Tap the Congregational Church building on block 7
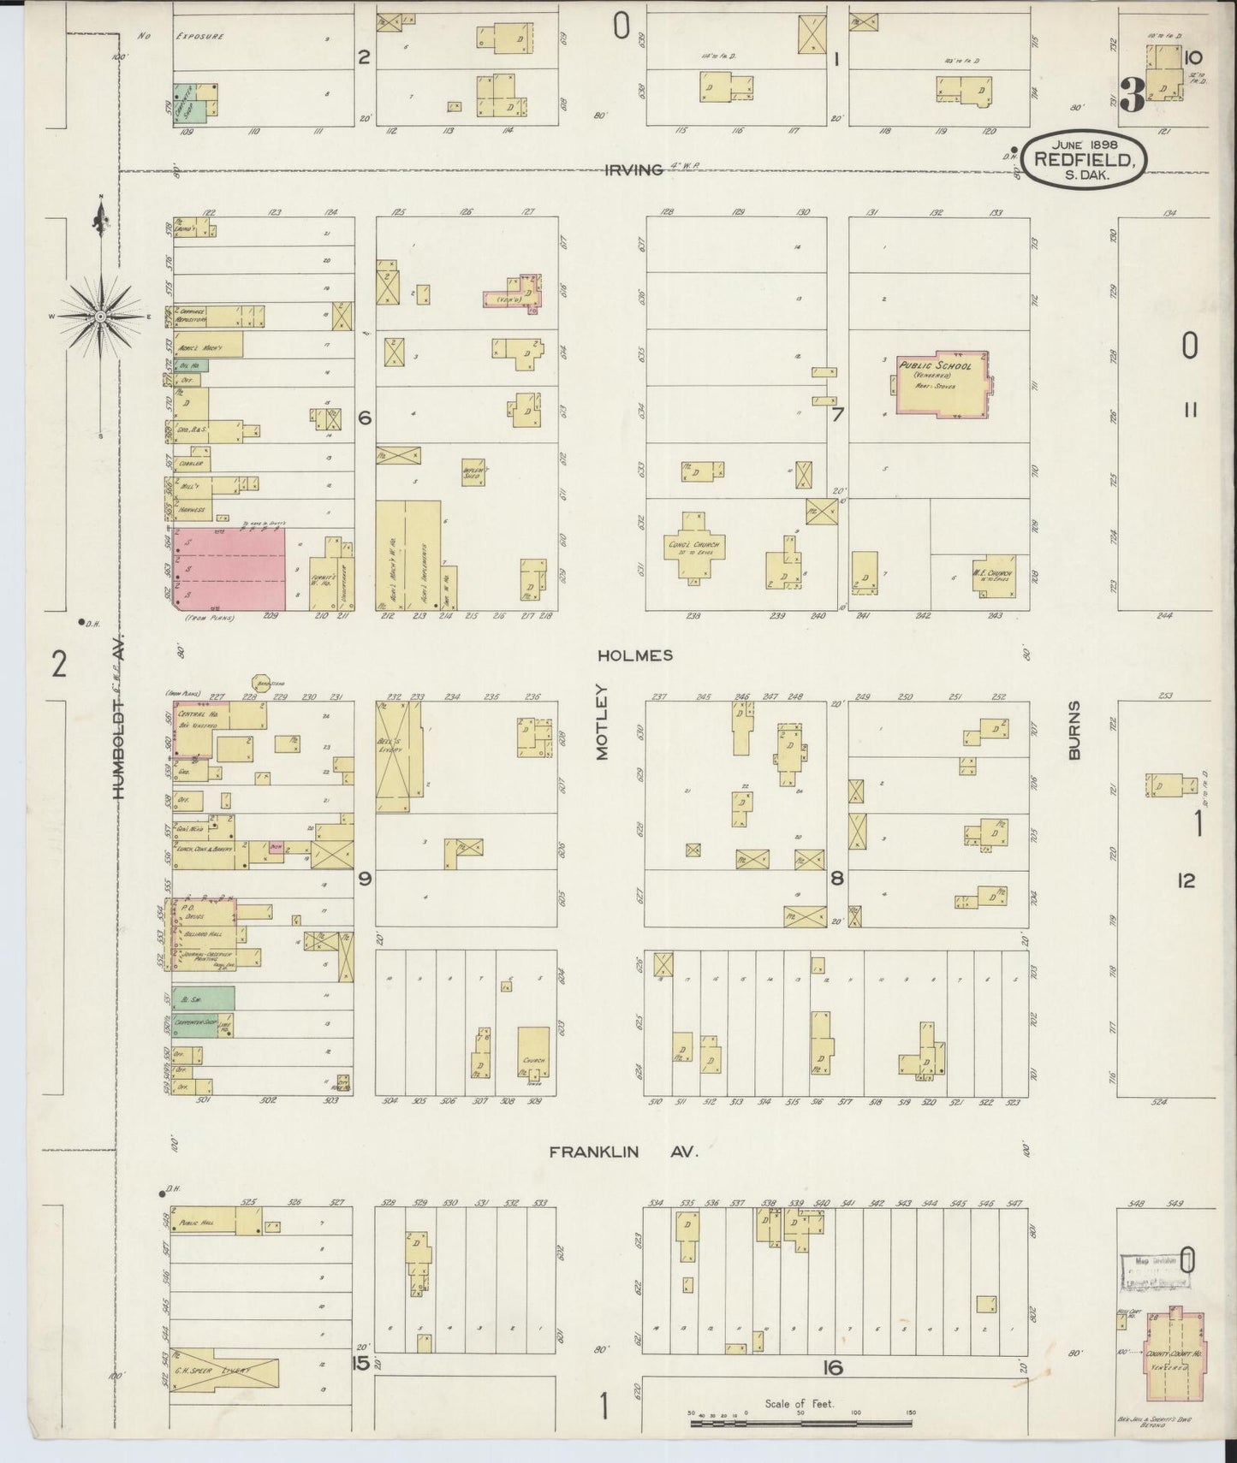[694, 546]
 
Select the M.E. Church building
[992, 575]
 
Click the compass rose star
[101, 317]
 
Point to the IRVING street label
[634, 169]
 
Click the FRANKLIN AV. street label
[624, 1152]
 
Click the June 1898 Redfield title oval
[1086, 157]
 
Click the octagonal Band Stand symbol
[262, 682]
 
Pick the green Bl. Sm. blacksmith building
[204, 998]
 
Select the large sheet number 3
[1131, 98]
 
